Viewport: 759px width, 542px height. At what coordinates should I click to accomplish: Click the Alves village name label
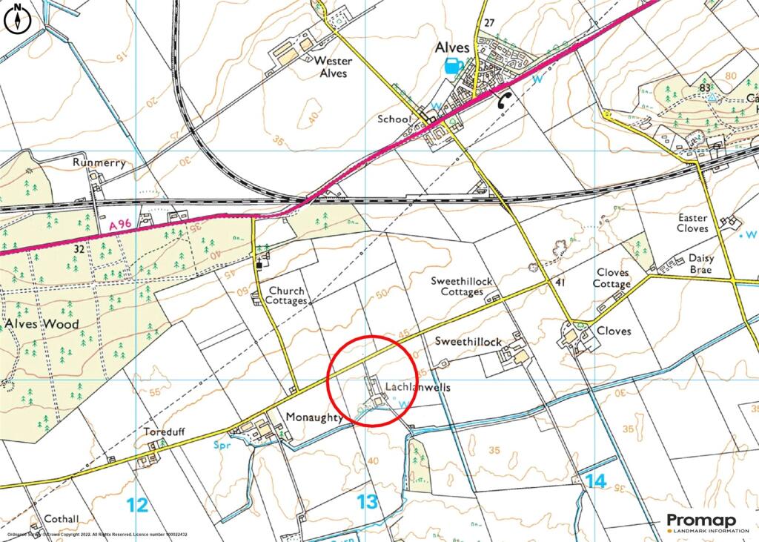point(451,47)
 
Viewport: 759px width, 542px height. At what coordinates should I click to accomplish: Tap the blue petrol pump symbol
point(451,67)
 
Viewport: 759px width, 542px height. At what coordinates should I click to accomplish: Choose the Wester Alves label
point(333,67)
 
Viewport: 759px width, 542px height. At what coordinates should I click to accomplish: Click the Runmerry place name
point(93,161)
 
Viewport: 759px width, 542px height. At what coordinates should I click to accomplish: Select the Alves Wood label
point(42,324)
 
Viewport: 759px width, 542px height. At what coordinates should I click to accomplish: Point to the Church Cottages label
point(288,296)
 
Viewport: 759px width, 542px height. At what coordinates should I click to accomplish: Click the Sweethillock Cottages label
point(463,286)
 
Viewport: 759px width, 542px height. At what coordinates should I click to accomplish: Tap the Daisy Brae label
point(700,264)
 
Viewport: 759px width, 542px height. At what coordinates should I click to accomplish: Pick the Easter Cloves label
point(692,223)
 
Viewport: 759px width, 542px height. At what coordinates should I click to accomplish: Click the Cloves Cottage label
point(611,278)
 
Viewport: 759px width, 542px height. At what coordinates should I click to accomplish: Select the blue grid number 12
point(137,505)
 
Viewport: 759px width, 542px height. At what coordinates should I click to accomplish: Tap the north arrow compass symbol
point(15,20)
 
